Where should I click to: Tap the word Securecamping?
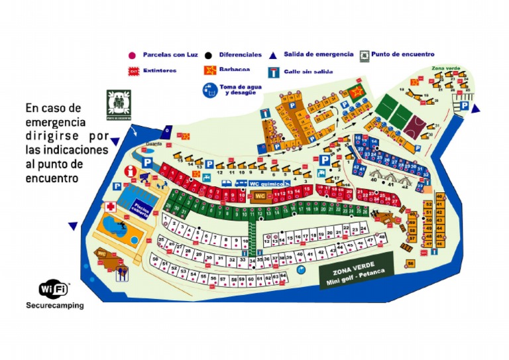55,306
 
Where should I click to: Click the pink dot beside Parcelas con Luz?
132,55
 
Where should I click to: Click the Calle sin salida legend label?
309,71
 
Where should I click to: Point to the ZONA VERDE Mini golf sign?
355,274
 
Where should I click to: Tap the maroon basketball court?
418,125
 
